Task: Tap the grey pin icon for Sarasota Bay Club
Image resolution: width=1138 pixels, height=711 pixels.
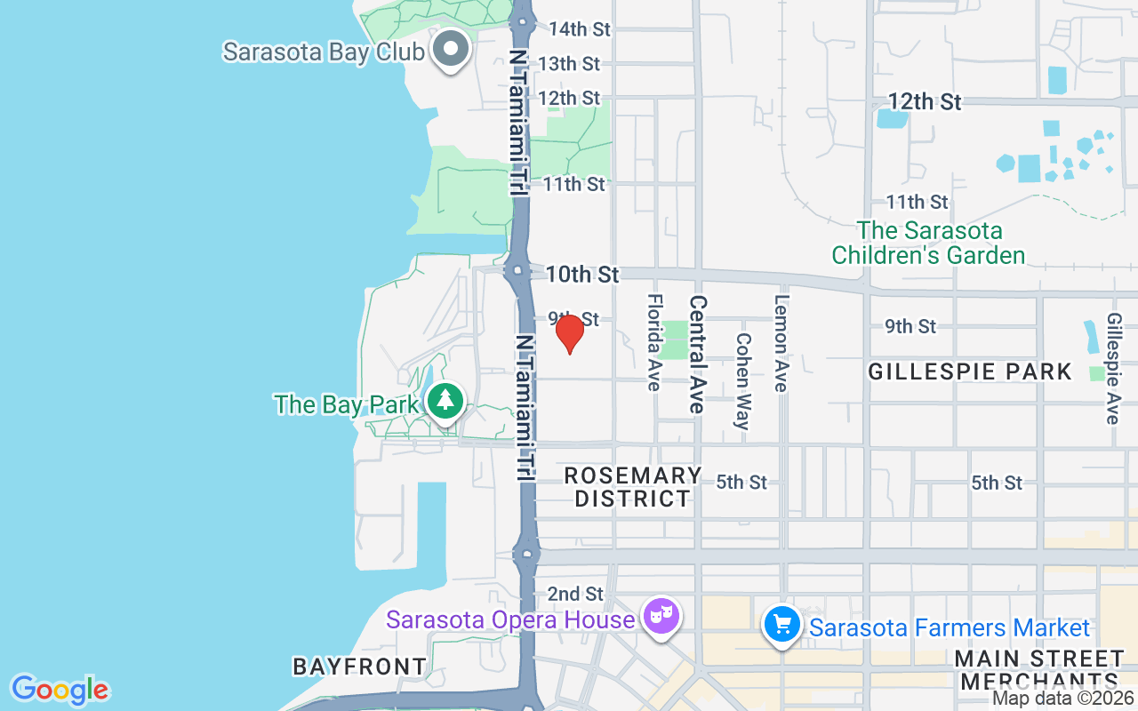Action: pyautogui.click(x=451, y=50)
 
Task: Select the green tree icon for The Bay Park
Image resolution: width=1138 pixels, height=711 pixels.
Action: pyautogui.click(x=445, y=402)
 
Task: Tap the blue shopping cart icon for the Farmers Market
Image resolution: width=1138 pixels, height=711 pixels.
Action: pyautogui.click(x=782, y=626)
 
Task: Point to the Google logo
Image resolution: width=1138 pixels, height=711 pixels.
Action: pyautogui.click(x=60, y=690)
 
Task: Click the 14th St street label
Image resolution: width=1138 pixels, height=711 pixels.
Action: pyautogui.click(x=580, y=29)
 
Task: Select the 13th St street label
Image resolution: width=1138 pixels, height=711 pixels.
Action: pyautogui.click(x=569, y=64)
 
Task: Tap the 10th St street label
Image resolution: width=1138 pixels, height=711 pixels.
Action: pyautogui.click(x=582, y=275)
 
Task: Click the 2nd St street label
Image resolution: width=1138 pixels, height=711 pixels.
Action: pyautogui.click(x=575, y=594)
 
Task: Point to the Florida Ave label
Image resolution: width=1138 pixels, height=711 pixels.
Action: pyautogui.click(x=654, y=342)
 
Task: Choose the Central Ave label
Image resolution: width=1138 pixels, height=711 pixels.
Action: pyautogui.click(x=698, y=354)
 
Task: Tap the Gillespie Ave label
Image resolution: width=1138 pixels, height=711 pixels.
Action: pyautogui.click(x=1113, y=367)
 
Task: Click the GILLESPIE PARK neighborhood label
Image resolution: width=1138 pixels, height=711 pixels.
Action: pyautogui.click(x=970, y=371)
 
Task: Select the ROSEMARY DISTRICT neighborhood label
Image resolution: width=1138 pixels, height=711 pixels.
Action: pyautogui.click(x=632, y=487)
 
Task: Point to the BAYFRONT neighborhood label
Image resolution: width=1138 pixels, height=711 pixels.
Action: pyautogui.click(x=360, y=667)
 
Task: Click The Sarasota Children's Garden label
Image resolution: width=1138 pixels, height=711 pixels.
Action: pyautogui.click(x=928, y=243)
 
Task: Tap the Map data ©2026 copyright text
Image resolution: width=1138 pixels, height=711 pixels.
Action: pyautogui.click(x=1063, y=699)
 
